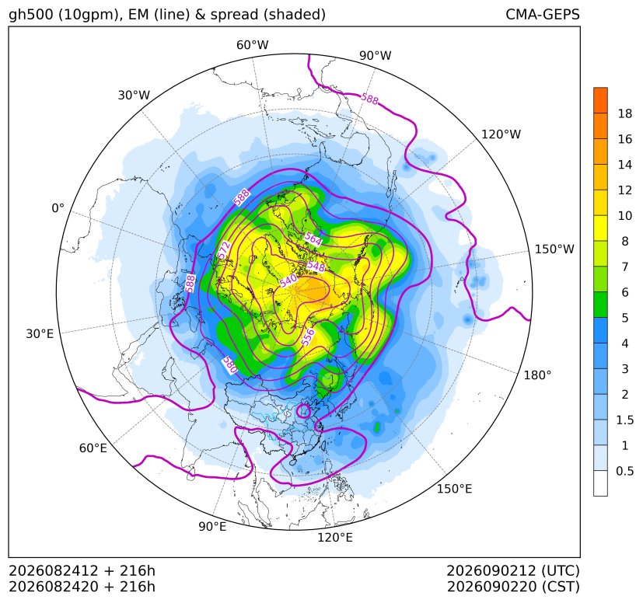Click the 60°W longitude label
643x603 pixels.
(x=252, y=45)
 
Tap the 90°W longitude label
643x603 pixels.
(x=376, y=55)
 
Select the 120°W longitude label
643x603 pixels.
(x=501, y=134)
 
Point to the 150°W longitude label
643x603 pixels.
(x=554, y=249)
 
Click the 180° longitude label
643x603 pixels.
(x=537, y=375)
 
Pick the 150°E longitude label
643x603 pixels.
(x=454, y=489)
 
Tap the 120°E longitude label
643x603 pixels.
(x=335, y=537)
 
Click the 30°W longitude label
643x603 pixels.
(x=134, y=95)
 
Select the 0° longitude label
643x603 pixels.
(x=58, y=208)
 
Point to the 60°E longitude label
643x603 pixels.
(x=93, y=448)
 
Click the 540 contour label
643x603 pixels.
(x=288, y=281)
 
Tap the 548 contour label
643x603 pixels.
(x=316, y=267)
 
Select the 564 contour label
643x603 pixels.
(x=313, y=239)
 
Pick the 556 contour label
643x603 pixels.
(x=308, y=336)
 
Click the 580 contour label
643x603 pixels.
(x=230, y=365)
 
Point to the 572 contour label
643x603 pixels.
(x=224, y=250)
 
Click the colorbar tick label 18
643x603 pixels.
(x=625, y=114)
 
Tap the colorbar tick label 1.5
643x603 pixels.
(x=625, y=420)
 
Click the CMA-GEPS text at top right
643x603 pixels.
(x=543, y=14)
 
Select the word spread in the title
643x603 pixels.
(x=234, y=15)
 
